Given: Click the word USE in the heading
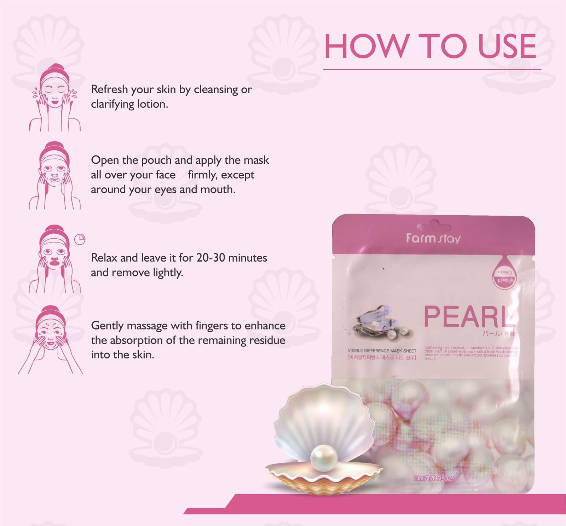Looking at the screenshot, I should coord(507,46).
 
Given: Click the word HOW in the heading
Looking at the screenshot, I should coord(365,46).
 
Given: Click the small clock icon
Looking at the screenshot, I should coord(80,239).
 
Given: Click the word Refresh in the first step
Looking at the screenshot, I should coord(109,89).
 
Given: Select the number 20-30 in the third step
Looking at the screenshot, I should coord(211,258).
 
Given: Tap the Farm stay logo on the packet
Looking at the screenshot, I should coord(433,238).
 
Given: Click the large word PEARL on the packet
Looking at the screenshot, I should coord(469,316).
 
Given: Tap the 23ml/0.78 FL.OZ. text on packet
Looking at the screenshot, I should coord(433,479).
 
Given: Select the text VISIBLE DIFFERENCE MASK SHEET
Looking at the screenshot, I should coord(382,351).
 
